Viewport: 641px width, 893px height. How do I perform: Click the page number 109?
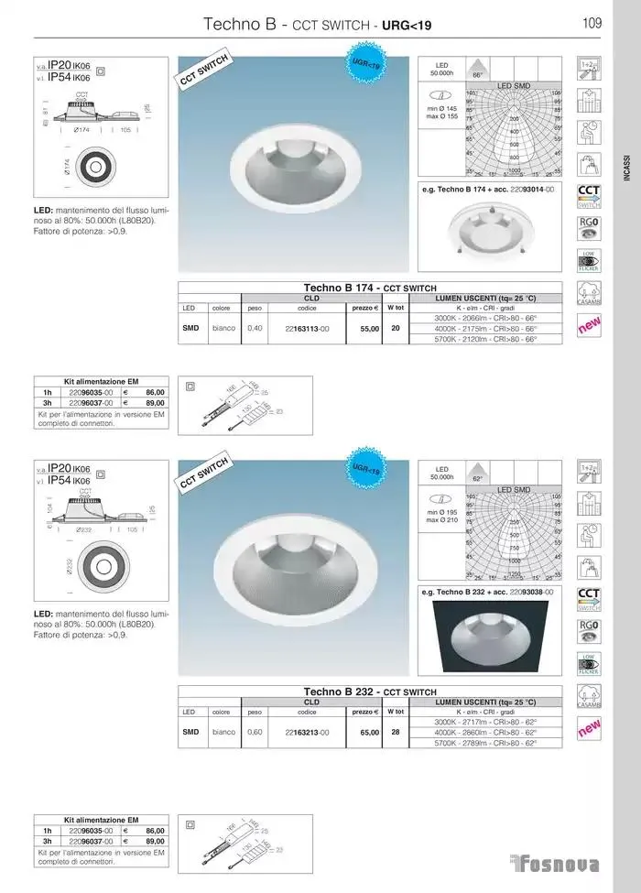tap(591, 24)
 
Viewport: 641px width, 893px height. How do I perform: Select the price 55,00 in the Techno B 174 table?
tap(368, 328)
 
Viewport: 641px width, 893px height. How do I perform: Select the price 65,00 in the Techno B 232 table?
tap(368, 732)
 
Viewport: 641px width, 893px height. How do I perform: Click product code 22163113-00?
tap(307, 328)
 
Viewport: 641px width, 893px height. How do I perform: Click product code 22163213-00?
tap(307, 732)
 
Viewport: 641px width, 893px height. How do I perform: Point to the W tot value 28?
tap(396, 732)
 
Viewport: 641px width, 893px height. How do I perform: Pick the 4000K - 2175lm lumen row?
tap(485, 328)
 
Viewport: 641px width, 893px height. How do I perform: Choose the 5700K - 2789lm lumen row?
tap(485, 742)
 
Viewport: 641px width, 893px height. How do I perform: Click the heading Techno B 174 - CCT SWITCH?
tap(370, 288)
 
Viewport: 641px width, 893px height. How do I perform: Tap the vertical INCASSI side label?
tap(626, 170)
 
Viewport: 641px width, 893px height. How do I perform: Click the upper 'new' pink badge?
tap(589, 324)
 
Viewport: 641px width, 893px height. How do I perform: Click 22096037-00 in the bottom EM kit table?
tap(91, 840)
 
